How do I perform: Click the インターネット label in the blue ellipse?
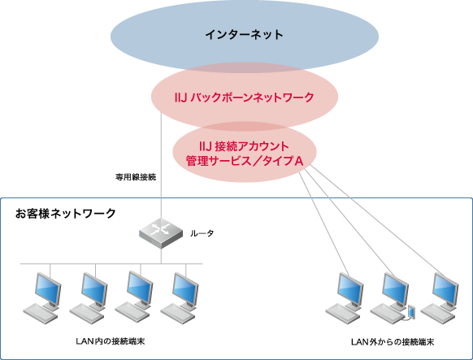(x=244, y=35)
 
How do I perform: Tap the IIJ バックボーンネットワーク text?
(x=245, y=98)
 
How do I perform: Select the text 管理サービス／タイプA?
(x=244, y=162)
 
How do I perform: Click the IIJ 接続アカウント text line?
(x=244, y=146)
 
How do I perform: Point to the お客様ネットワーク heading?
(x=65, y=213)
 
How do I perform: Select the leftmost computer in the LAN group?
(x=44, y=294)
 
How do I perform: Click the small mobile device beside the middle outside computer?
(x=411, y=311)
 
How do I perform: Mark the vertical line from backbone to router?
(x=161, y=171)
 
